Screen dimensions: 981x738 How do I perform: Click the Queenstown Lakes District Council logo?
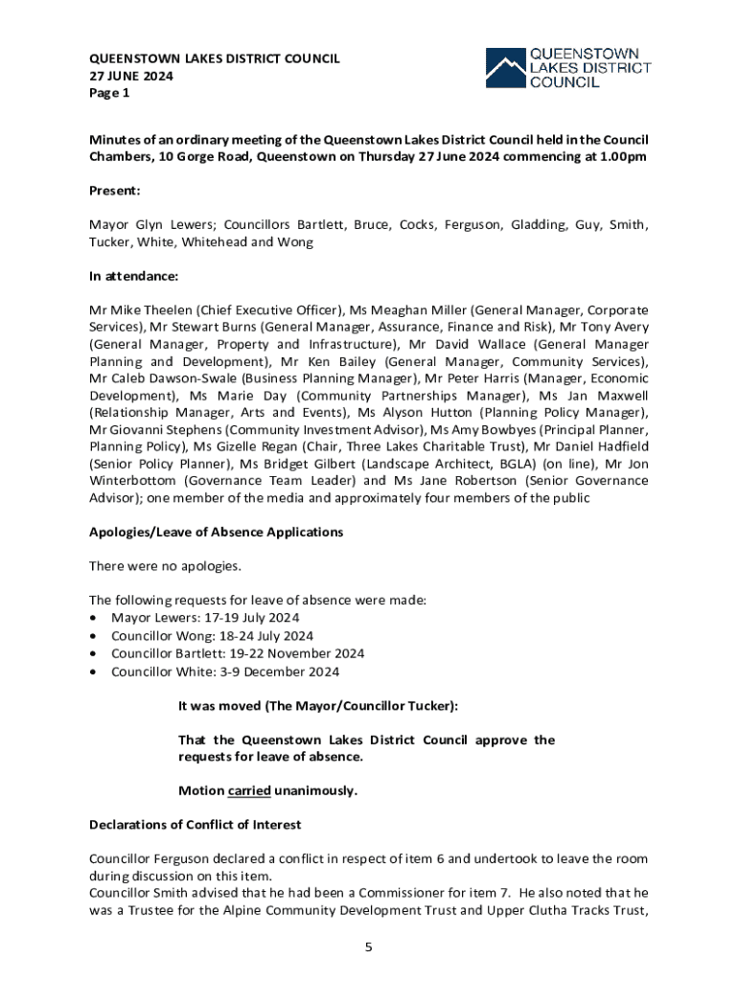click(x=568, y=68)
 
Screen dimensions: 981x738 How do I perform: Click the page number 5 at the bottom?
click(x=368, y=947)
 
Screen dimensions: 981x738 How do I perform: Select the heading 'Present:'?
click(x=115, y=191)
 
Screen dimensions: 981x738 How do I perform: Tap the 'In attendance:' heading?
click(x=134, y=276)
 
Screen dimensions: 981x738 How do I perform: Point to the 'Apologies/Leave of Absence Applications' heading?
click(x=216, y=532)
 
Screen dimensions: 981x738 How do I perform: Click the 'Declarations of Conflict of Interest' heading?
click(x=195, y=824)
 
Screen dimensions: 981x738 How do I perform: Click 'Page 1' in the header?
click(x=108, y=93)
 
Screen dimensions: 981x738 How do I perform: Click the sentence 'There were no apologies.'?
click(x=164, y=566)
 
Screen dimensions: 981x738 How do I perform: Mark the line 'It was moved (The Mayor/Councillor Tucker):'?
click(x=318, y=706)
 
